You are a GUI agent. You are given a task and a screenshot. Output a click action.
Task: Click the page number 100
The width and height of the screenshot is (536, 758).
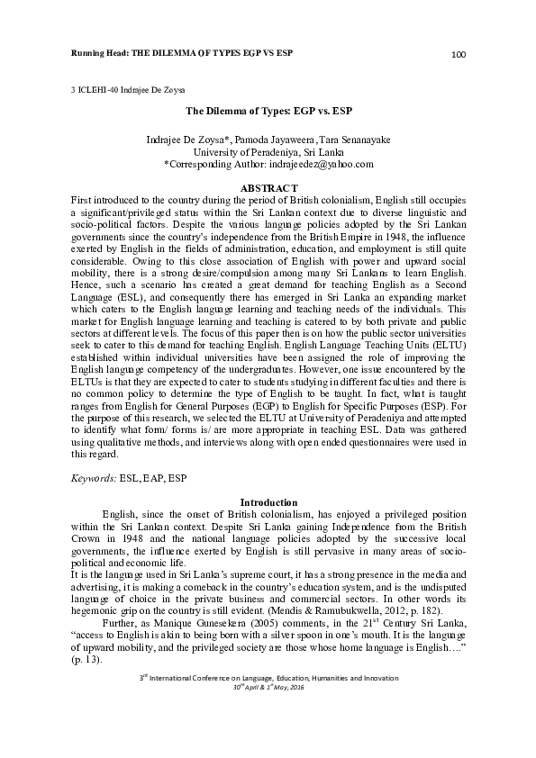tap(458, 56)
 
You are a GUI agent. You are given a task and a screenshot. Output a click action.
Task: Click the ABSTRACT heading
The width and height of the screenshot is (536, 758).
tap(268, 186)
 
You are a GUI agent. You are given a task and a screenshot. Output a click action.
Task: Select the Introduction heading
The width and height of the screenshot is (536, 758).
tap(268, 501)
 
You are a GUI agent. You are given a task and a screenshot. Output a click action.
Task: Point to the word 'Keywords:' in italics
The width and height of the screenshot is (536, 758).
tap(92, 478)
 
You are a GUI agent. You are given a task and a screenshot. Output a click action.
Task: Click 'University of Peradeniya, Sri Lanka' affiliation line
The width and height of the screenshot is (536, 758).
tap(268, 153)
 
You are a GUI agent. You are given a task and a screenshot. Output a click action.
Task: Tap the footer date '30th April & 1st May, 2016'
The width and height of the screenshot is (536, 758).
tap(268, 735)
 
